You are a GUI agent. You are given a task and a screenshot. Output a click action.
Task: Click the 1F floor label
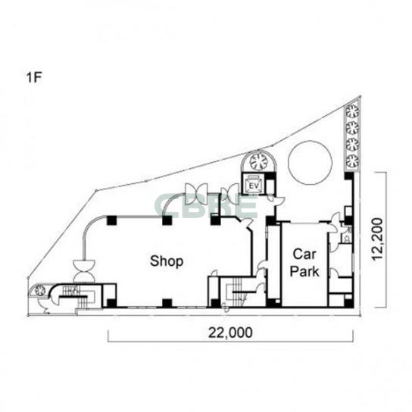34,77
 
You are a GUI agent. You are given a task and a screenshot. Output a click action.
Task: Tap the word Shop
167,262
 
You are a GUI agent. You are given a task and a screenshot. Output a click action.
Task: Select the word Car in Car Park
304,254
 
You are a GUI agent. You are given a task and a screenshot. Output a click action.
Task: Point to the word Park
304,271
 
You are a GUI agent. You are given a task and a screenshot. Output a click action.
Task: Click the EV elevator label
254,186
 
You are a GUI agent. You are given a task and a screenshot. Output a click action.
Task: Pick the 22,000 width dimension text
230,332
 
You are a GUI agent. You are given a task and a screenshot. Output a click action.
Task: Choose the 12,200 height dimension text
377,239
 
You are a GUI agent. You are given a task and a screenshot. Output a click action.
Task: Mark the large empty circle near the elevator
310,163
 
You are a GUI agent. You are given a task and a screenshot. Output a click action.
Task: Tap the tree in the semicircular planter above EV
257,161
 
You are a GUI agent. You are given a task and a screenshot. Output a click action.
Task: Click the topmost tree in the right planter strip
352,111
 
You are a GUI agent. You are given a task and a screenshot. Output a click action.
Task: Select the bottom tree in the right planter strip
352,161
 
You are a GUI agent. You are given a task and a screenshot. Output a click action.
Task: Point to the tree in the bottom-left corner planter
40,291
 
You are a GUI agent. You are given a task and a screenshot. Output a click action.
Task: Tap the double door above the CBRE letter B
196,194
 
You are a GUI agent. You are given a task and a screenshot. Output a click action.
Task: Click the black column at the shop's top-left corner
111,220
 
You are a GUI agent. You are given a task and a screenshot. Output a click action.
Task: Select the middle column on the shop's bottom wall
167,303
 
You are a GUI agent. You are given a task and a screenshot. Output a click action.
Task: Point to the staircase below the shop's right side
237,292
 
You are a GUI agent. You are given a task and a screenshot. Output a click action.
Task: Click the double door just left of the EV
230,194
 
